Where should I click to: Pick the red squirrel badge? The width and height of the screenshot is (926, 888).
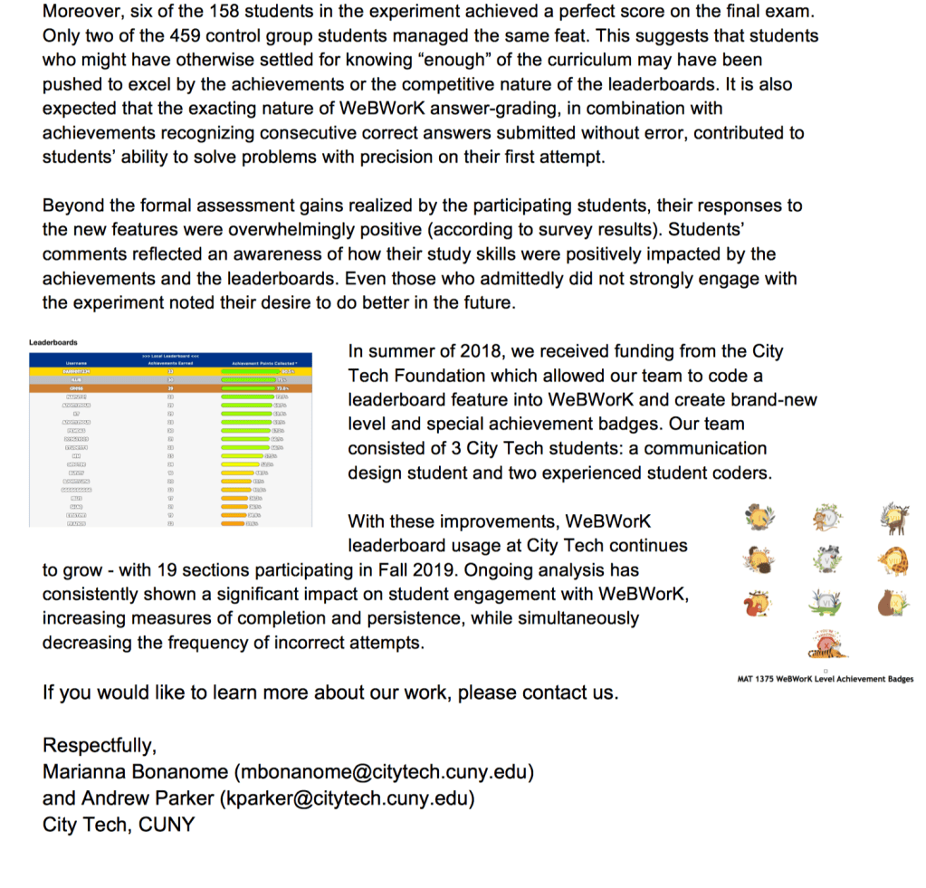757,603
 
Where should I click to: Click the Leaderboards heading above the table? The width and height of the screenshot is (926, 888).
53,342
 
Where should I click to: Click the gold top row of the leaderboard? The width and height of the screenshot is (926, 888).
170,371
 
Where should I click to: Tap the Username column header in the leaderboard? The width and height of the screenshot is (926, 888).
77,363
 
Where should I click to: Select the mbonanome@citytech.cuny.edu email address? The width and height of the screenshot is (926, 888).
383,773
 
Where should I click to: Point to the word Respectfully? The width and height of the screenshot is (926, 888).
100,746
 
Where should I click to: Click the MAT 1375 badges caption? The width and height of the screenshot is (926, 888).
826,679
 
